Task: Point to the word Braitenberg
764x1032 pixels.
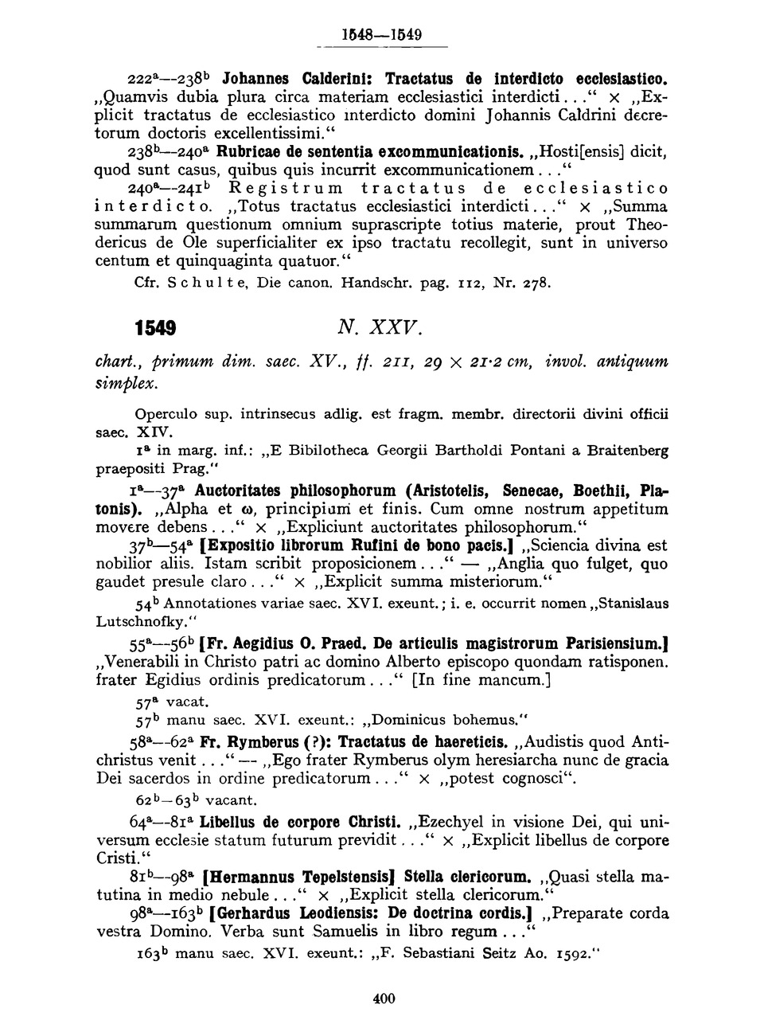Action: (x=628, y=450)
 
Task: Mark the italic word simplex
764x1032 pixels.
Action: (x=127, y=383)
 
